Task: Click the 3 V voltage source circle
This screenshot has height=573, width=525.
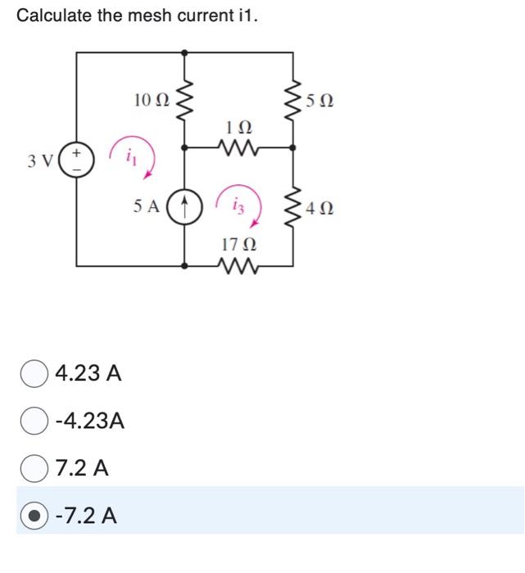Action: pyautogui.click(x=77, y=159)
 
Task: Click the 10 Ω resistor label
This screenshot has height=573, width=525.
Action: pyautogui.click(x=152, y=100)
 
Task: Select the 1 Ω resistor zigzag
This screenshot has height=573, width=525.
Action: pyautogui.click(x=238, y=148)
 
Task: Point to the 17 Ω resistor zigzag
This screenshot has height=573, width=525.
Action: pyautogui.click(x=238, y=265)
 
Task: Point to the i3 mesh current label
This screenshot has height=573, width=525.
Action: pyautogui.click(x=239, y=205)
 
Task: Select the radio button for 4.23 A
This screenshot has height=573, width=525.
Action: pyautogui.click(x=34, y=373)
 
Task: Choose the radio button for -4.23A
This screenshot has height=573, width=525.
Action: pyautogui.click(x=34, y=421)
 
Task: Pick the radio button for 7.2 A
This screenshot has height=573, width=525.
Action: pyautogui.click(x=34, y=468)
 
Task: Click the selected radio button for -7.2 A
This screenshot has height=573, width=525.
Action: pyautogui.click(x=34, y=516)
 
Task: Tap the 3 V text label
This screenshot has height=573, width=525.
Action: pyautogui.click(x=37, y=160)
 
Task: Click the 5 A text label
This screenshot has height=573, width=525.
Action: pyautogui.click(x=147, y=206)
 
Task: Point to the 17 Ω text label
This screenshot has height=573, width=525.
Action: pyautogui.click(x=238, y=244)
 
